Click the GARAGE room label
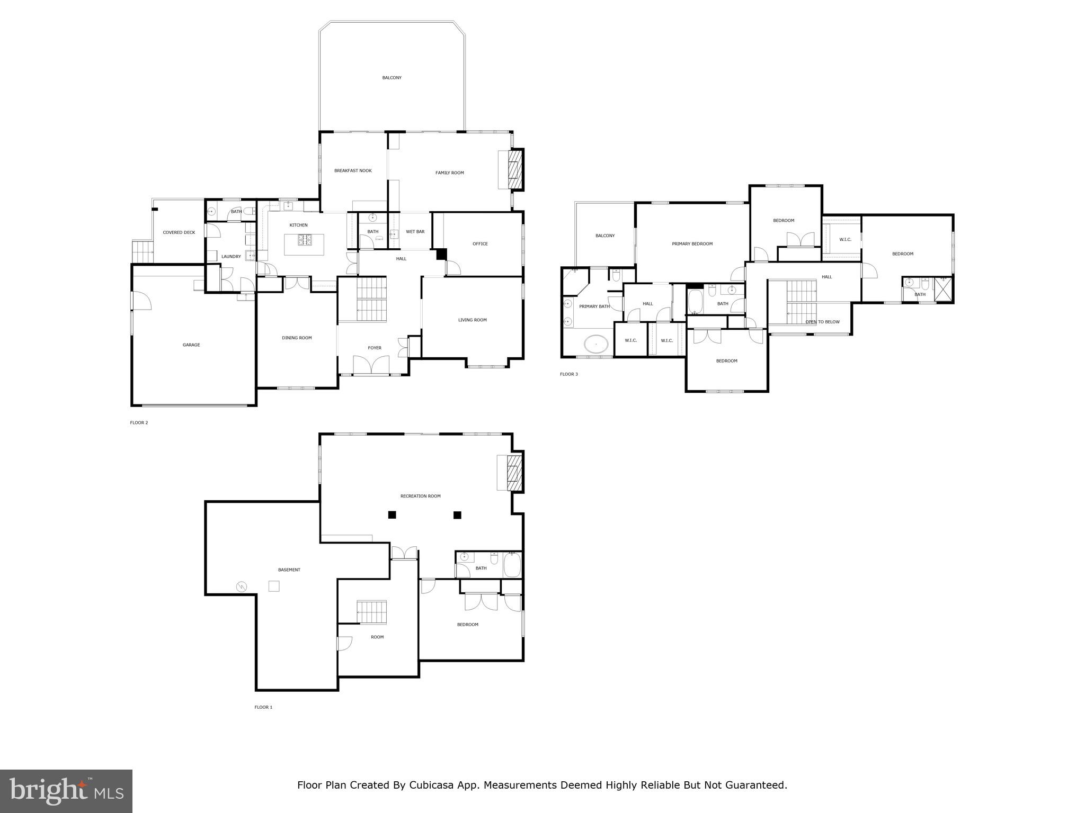(x=191, y=345)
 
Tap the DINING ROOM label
(x=297, y=338)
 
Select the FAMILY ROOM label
(x=449, y=173)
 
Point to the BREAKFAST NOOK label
(x=353, y=171)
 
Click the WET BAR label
(x=415, y=232)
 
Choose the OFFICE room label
(x=480, y=244)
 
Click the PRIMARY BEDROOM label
(x=692, y=244)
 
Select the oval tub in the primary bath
(x=597, y=345)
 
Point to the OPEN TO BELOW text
(x=822, y=322)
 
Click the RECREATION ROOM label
(x=420, y=496)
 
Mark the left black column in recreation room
(x=392, y=514)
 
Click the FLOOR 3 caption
(x=569, y=374)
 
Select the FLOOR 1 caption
(x=263, y=707)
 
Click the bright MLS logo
(x=66, y=791)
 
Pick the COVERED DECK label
(x=179, y=233)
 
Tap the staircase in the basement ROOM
(x=371, y=612)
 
